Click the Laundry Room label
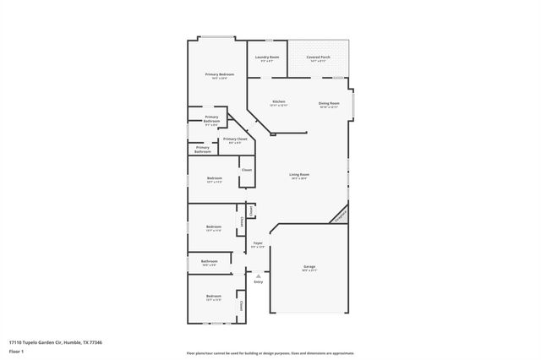pos(267,57)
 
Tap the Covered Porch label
pos(318,57)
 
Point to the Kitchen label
pos(278,102)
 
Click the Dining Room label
pos(329,102)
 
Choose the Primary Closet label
pos(235,139)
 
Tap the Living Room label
pos(298,175)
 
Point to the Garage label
pos(309,267)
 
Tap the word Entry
pos(258,281)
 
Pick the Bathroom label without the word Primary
pos(210,262)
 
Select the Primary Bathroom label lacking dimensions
pos(203,150)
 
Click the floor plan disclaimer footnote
pos(270,353)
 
